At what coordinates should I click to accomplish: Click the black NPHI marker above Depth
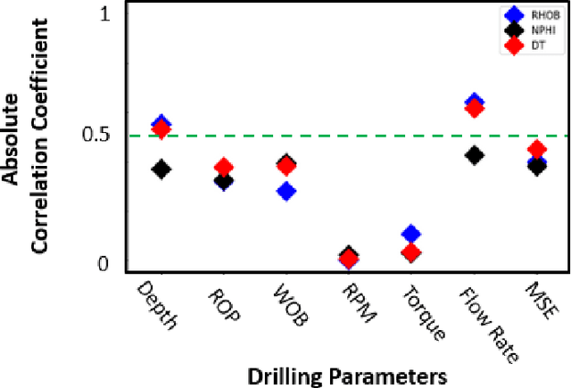click(161, 169)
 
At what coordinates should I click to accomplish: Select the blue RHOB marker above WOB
click(286, 191)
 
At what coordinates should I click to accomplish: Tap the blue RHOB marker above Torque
click(410, 235)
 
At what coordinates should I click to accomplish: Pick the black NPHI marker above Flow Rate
click(475, 155)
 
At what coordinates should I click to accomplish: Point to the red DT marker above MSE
click(537, 150)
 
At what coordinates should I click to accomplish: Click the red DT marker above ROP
click(224, 168)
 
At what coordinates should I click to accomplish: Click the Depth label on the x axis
click(157, 303)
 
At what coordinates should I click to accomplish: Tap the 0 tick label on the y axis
click(103, 264)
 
